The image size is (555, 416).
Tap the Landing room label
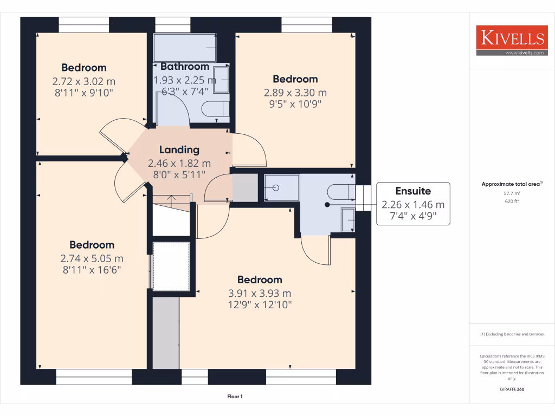[x=179, y=150]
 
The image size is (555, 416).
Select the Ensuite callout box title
[x=413, y=191]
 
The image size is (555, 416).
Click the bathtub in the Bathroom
[x=185, y=48]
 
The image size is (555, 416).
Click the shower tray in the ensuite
[x=281, y=188]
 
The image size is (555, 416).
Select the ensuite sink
[x=347, y=220]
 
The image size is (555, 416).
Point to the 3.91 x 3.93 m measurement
[x=260, y=293]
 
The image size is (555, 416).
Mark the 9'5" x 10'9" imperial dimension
[x=295, y=105]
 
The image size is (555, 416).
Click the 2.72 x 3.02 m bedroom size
[x=84, y=81]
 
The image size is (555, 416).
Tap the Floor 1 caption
[x=235, y=396]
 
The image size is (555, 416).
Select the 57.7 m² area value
[x=512, y=192]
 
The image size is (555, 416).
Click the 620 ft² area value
[x=512, y=201]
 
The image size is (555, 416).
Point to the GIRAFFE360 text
[x=512, y=389]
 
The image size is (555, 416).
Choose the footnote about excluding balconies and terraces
[x=512, y=334]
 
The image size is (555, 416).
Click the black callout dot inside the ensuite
[x=327, y=205]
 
